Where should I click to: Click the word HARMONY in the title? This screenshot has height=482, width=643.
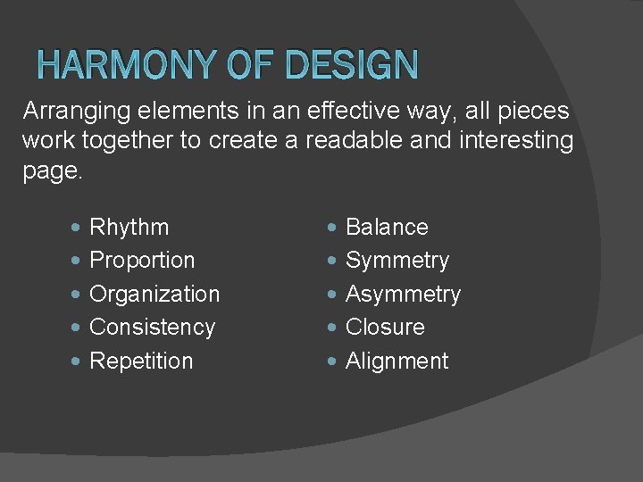point(129,64)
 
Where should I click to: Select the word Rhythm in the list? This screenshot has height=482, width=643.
point(129,228)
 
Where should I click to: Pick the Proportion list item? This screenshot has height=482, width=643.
point(142,261)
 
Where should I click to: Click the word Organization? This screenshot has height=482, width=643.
point(154,294)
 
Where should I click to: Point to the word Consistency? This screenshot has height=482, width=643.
point(153,328)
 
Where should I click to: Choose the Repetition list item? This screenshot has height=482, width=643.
point(141,361)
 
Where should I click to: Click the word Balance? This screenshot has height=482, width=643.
point(387,228)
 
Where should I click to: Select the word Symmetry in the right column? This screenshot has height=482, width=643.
point(397,261)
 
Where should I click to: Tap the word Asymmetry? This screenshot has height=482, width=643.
point(403,294)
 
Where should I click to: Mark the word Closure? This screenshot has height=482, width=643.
point(385,328)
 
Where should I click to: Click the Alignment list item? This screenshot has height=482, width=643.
point(397,361)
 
